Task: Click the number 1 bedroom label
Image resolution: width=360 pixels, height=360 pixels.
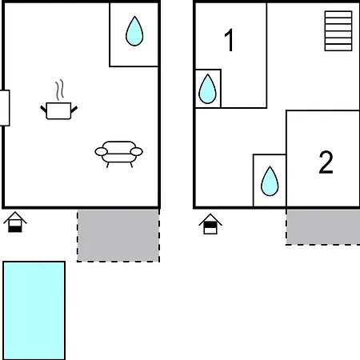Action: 230,40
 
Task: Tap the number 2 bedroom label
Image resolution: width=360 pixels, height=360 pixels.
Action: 326,162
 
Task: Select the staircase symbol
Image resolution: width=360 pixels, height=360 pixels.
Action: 338,31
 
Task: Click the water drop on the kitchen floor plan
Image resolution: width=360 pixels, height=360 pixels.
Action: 134,31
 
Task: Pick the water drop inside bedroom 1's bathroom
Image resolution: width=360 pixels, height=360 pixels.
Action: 207,89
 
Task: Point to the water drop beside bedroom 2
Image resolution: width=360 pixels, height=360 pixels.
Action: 270,182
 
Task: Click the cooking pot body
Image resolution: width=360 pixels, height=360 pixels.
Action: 58,110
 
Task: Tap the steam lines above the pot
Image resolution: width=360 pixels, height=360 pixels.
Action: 60,90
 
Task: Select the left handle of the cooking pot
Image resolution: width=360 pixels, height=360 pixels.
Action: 43,109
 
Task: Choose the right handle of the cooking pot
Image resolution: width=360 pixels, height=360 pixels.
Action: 74,110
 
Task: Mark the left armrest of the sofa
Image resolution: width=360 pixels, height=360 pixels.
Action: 102,152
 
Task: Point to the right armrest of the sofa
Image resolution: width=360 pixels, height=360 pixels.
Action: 137,151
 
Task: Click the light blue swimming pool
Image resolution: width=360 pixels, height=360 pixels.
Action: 34,310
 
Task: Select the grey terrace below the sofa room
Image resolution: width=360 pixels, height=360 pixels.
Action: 118,236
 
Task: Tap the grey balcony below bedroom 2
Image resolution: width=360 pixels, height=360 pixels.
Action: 323,227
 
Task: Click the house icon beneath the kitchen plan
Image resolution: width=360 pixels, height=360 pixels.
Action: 15,222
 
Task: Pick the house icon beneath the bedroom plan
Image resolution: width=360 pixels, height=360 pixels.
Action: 210,224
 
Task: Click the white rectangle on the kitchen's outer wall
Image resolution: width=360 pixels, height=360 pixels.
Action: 5,108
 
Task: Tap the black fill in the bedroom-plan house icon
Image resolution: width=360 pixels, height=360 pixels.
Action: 210,226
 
